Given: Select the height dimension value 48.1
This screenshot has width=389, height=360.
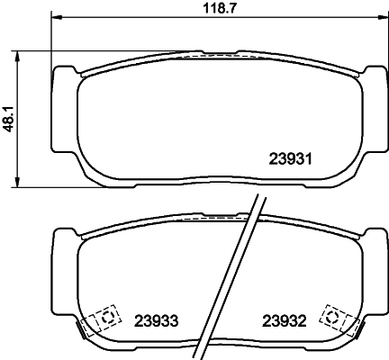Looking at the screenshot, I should click(10, 119).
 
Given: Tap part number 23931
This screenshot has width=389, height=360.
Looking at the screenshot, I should click(290, 159).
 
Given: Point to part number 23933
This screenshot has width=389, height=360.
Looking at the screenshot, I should click(157, 320).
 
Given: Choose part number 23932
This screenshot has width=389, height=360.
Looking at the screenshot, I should click(285, 320).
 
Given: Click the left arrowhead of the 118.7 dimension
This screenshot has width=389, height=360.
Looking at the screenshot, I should click(56, 17).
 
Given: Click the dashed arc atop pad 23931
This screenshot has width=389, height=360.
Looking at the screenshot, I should click(213, 54).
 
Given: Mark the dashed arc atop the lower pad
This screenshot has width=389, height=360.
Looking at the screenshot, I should click(213, 217).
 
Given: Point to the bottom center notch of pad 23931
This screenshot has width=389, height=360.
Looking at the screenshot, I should click(213, 186).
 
